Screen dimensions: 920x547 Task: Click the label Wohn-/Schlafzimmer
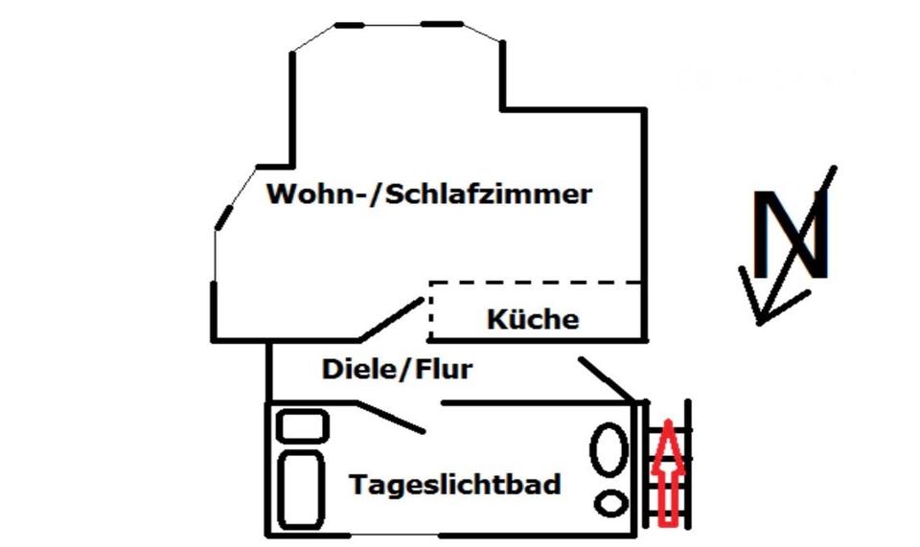click(429, 194)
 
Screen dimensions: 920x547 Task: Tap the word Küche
click(533, 319)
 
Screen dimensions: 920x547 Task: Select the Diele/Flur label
click(397, 369)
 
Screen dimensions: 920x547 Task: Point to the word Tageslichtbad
click(454, 484)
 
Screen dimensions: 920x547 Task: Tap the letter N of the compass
click(791, 235)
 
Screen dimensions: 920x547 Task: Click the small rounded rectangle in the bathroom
click(302, 425)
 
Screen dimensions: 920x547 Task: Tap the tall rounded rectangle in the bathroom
click(301, 490)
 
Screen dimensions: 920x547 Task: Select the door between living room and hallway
click(391, 319)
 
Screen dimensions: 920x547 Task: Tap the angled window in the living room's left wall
click(224, 217)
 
